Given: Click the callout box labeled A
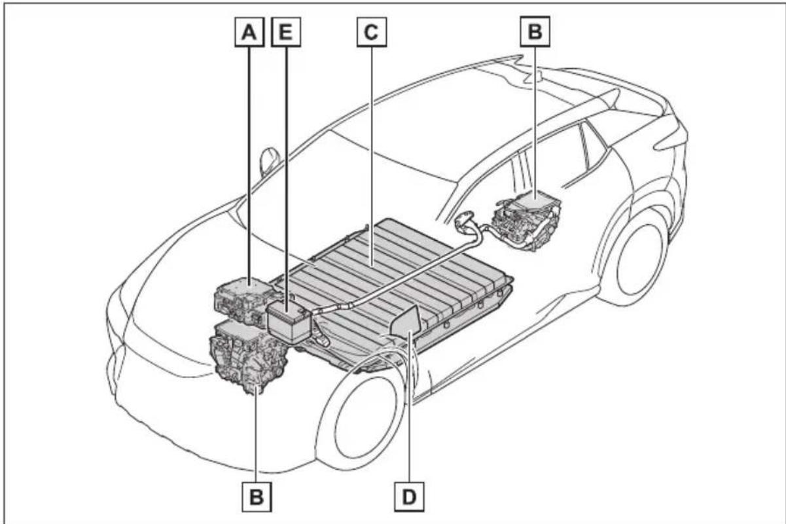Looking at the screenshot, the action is pos(249,32).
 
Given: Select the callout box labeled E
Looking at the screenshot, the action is pos(286,32).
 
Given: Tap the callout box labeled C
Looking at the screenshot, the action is pos(372,32).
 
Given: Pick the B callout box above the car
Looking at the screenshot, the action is pos(535,31).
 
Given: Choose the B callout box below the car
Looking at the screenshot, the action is pos(257,497).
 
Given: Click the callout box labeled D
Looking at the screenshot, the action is pos(409,497).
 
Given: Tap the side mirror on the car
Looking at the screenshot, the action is pos(269,162).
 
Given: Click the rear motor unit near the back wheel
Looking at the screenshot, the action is pos(526,221).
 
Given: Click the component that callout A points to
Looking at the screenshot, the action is pos(245,302).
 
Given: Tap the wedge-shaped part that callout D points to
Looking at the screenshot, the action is pos(406,321).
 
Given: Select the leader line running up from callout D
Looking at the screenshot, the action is pos(410,406).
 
